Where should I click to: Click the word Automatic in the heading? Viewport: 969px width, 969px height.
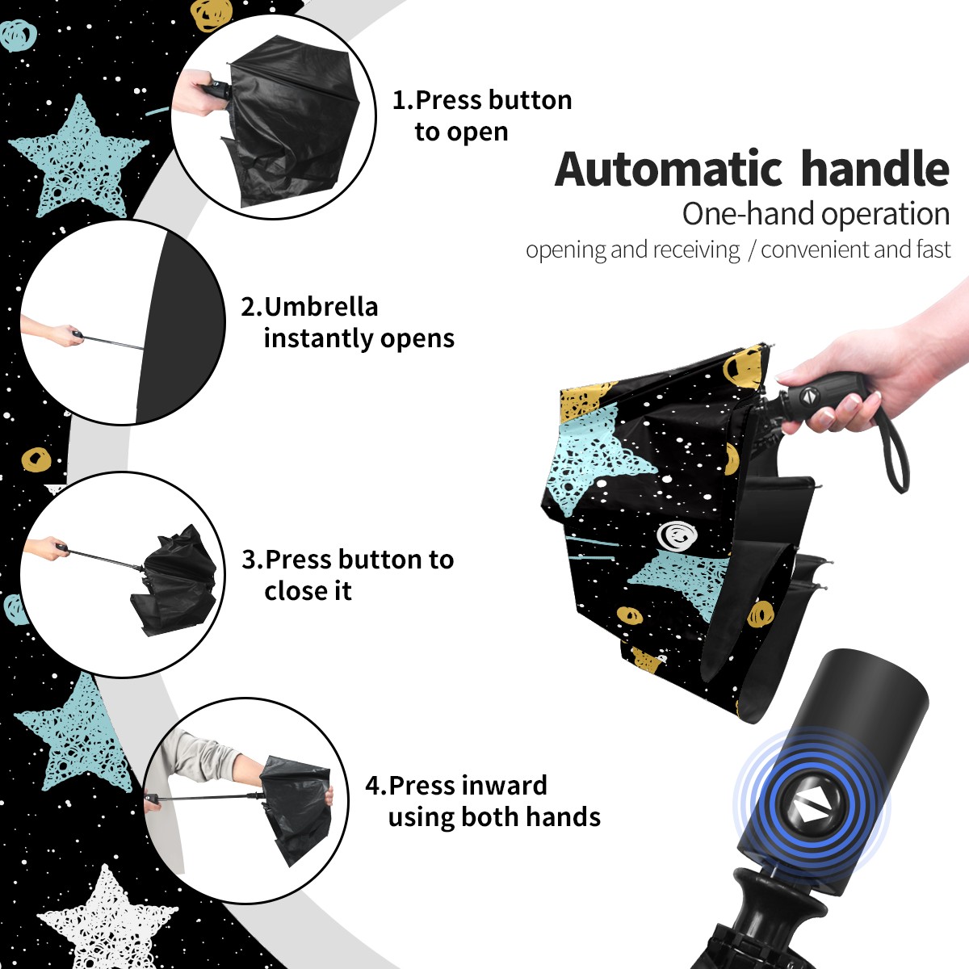(669, 169)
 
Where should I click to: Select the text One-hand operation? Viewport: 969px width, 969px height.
(816, 214)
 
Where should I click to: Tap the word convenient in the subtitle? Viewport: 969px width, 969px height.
(815, 250)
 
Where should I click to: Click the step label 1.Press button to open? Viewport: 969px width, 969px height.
(482, 115)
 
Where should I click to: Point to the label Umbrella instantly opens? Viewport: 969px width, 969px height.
(347, 322)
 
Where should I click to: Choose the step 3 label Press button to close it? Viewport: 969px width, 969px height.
(347, 575)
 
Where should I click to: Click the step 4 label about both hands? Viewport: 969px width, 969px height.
(483, 801)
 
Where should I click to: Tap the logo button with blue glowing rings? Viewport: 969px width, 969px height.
(811, 804)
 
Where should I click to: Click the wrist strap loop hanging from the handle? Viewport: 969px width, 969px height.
(894, 450)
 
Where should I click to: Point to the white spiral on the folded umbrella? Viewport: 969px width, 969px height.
(677, 534)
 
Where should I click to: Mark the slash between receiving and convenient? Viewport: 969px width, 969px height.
(751, 250)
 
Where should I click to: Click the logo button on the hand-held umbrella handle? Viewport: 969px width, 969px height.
(808, 395)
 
